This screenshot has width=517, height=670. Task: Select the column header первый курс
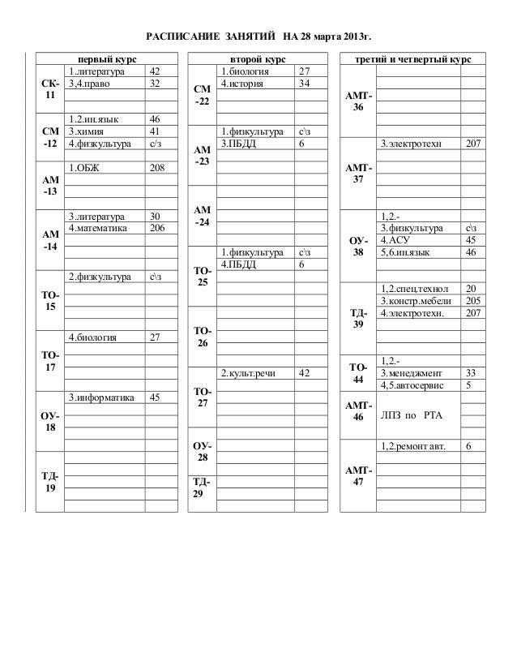coord(106,60)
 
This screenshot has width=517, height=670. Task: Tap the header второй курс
coord(257,60)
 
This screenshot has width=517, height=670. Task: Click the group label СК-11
coord(50,89)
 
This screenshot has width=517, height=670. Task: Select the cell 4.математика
coord(99,228)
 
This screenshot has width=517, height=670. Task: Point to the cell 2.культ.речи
coord(249,373)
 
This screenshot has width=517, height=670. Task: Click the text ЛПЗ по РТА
coord(408,416)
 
